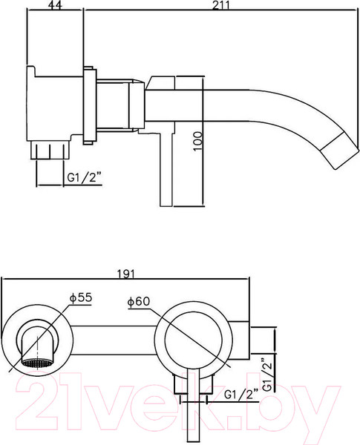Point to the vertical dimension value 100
pos(197,139)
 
